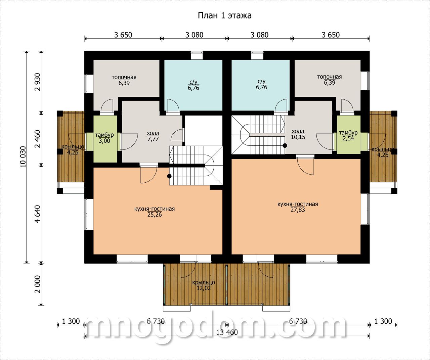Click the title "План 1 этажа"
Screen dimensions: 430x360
tap(224, 16)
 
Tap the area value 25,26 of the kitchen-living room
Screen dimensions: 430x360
tap(155, 215)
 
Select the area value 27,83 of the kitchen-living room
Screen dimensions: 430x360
tap(298, 210)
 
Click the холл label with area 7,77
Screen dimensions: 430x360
tap(153, 136)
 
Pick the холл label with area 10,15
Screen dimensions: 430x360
tap(298, 134)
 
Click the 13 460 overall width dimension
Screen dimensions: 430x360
tap(227, 332)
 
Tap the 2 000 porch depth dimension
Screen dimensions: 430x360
tap(38, 284)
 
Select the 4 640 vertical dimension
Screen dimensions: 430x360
tap(38, 214)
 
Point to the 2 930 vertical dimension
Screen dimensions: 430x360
tap(38, 82)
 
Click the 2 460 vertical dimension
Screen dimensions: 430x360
tap(38, 139)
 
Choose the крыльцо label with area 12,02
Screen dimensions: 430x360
tap(204, 285)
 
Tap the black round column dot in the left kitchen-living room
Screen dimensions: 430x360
tap(169, 176)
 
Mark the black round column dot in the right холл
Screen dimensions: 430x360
tap(285, 145)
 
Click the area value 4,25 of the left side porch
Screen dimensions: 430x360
tap(73, 152)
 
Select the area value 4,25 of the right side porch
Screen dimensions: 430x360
tap(383, 155)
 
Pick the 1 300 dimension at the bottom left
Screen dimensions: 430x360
tap(71, 321)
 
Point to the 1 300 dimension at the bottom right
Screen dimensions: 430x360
tap(383, 321)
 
